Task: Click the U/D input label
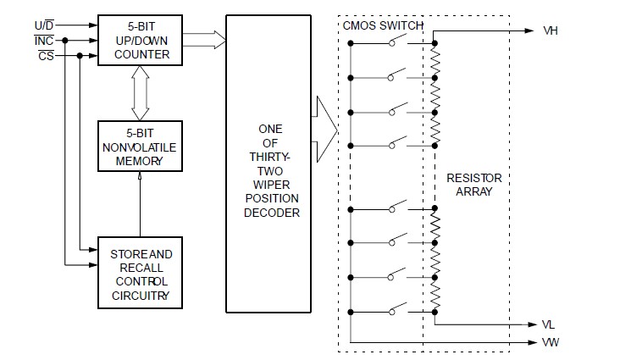coord(42,25)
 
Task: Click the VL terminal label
coord(549,324)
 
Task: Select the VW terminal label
coord(550,342)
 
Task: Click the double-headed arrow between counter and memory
coord(140,95)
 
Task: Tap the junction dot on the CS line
coord(79,56)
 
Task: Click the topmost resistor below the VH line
coord(434,61)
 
